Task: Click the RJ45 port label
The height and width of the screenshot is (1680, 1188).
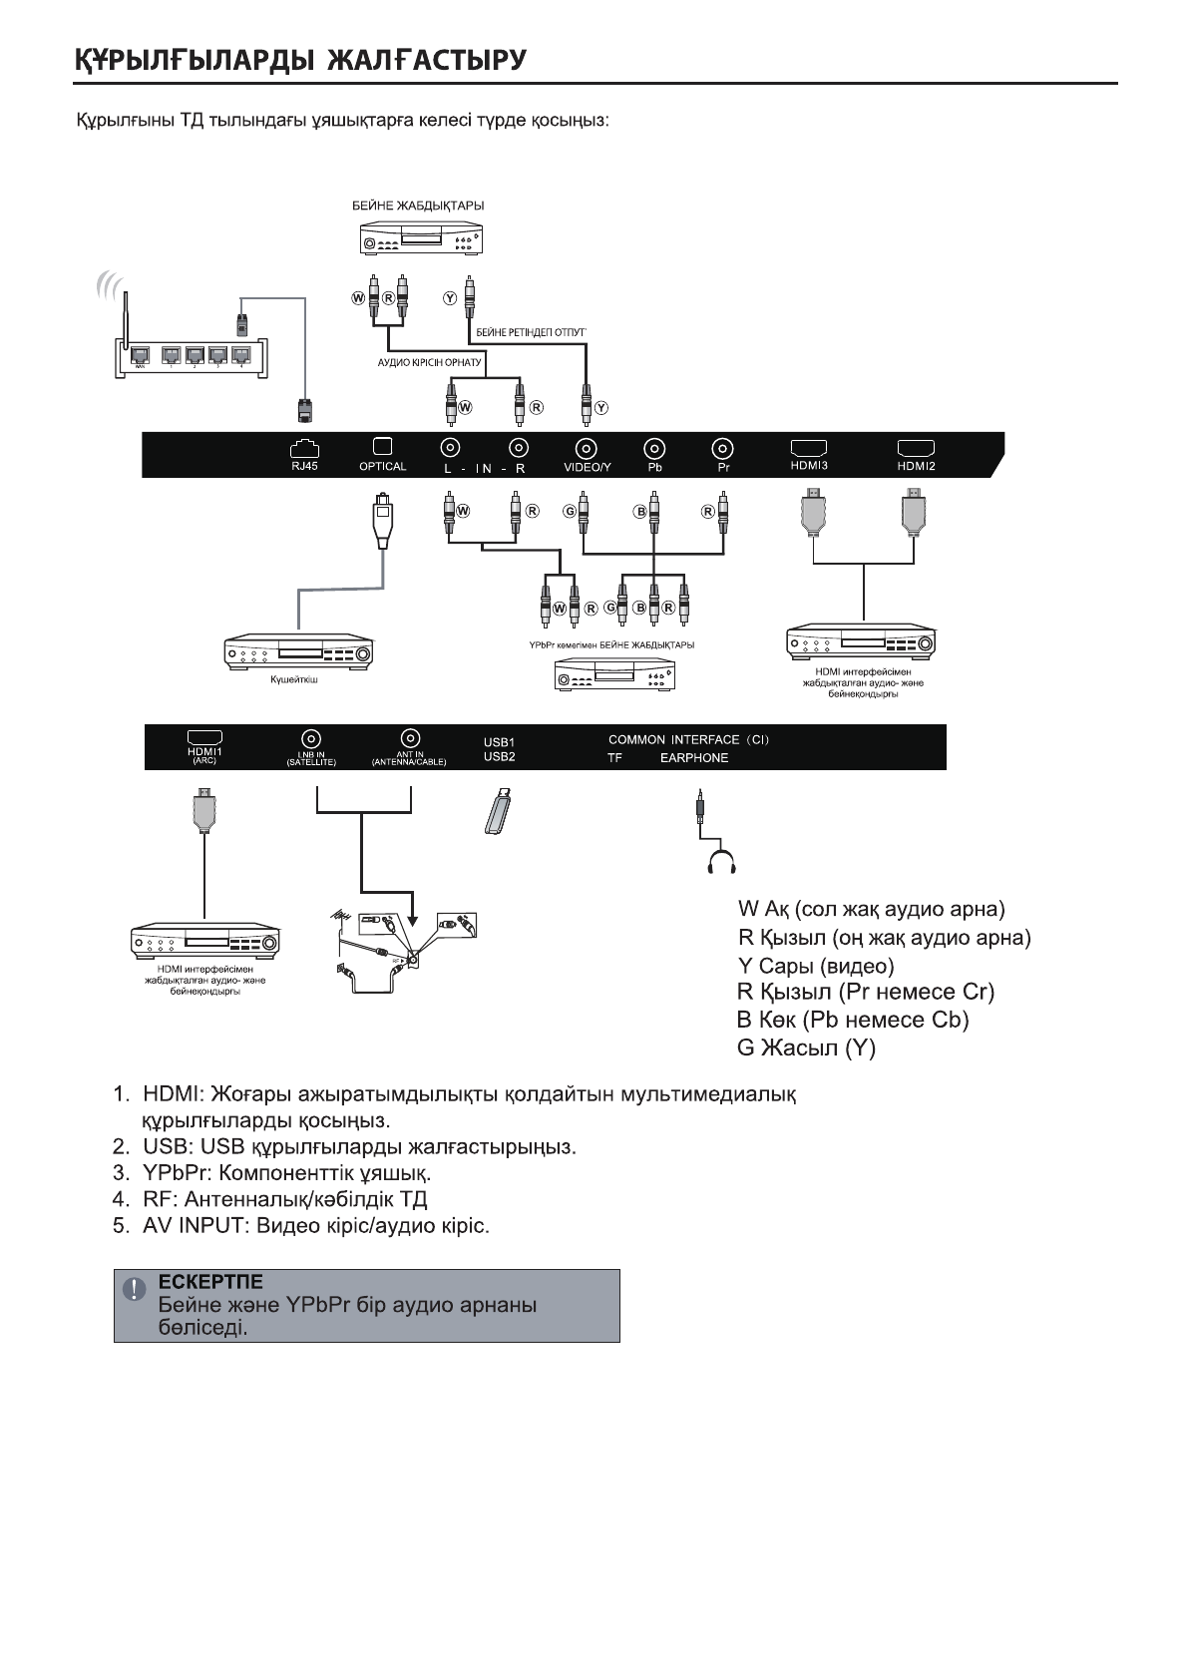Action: pyautogui.click(x=304, y=466)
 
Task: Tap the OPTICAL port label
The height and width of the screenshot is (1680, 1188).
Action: pyautogui.click(x=383, y=467)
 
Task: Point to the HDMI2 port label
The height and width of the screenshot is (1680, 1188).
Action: pyautogui.click(x=916, y=466)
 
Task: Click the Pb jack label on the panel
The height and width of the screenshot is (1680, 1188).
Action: pyautogui.click(x=654, y=467)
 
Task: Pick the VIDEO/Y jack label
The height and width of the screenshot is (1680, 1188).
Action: pyautogui.click(x=587, y=467)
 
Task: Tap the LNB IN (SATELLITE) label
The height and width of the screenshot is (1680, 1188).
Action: pyautogui.click(x=311, y=758)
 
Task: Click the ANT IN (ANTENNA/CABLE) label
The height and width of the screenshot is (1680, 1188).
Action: pyautogui.click(x=409, y=758)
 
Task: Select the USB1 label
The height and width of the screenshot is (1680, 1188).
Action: pyautogui.click(x=499, y=743)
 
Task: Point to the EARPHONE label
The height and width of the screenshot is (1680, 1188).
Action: pyautogui.click(x=694, y=758)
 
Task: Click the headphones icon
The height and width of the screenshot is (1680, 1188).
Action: pyautogui.click(x=720, y=861)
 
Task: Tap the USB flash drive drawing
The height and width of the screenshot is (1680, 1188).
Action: pyautogui.click(x=498, y=811)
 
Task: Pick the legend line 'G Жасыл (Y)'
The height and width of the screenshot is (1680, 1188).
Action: pyautogui.click(x=806, y=1049)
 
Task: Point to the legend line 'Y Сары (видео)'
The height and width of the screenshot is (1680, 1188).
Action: pyautogui.click(x=815, y=966)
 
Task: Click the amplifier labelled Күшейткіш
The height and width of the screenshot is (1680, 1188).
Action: pyautogui.click(x=300, y=653)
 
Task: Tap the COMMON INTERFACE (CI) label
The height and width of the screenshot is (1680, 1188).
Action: pyautogui.click(x=688, y=740)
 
